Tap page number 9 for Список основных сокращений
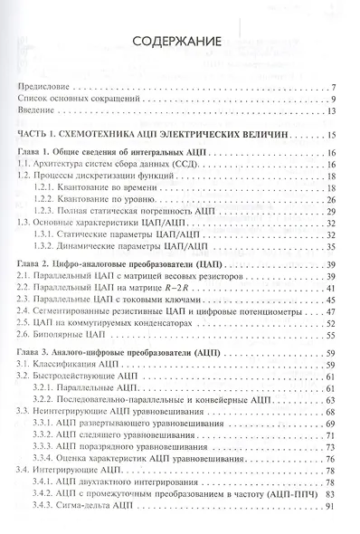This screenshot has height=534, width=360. pos(333,98)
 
